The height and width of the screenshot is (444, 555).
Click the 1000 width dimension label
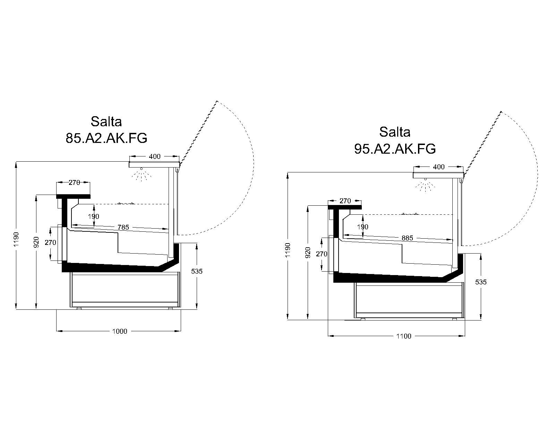pyautogui.click(x=120, y=331)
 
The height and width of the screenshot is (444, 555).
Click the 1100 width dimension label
pyautogui.click(x=404, y=336)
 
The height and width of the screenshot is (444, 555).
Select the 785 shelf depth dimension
pyautogui.click(x=123, y=227)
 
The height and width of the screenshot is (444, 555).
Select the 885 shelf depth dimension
pyautogui.click(x=407, y=238)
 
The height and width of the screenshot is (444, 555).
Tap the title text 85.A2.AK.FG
pyautogui.click(x=106, y=138)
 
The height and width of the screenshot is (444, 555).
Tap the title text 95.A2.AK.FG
pyautogui.click(x=395, y=149)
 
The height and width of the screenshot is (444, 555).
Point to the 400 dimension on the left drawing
pyautogui.click(x=155, y=156)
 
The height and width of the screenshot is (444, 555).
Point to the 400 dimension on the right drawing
pyautogui.click(x=439, y=167)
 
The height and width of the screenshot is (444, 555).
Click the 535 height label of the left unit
pyautogui.click(x=197, y=271)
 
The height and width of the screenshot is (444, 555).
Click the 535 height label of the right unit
pyautogui.click(x=481, y=282)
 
